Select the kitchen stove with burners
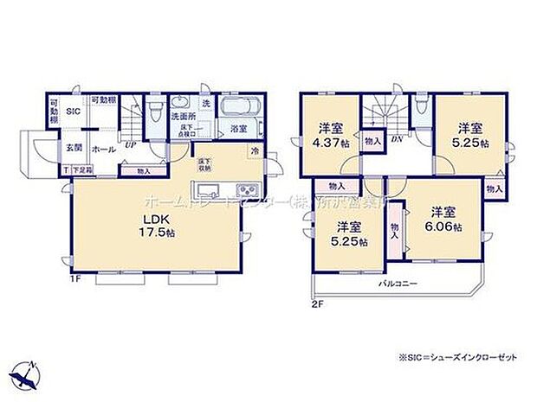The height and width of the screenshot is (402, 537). coord(245,189)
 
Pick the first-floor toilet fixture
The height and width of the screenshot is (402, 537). coord(155,111)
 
